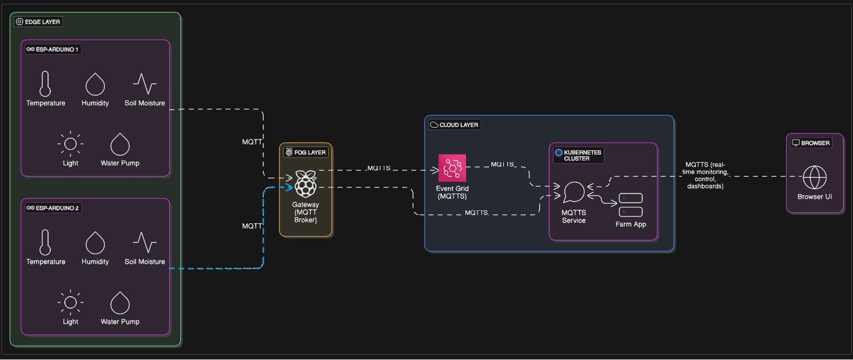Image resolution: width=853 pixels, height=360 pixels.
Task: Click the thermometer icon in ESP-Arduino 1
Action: [x=45, y=84]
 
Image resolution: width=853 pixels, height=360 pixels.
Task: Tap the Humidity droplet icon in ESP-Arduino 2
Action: [x=95, y=243]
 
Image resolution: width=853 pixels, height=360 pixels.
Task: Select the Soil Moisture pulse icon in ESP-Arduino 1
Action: [x=145, y=84]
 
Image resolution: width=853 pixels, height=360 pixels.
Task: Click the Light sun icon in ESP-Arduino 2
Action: [x=70, y=302]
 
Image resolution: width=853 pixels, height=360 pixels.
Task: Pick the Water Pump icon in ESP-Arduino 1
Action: [x=120, y=144]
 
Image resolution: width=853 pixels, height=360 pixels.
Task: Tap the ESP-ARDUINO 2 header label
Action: [x=53, y=208]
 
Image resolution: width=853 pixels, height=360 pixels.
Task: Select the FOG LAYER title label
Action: [x=306, y=152]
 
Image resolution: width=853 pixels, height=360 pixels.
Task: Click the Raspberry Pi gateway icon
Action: [x=305, y=184]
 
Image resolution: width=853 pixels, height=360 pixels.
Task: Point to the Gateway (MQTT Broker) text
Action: [x=305, y=212]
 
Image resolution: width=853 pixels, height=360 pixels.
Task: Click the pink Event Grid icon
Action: [x=452, y=168]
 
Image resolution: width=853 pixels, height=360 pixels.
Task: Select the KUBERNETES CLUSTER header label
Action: [x=578, y=155]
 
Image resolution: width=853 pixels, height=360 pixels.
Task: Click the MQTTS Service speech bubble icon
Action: [x=574, y=192]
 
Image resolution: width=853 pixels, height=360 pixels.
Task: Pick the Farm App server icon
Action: [x=630, y=205]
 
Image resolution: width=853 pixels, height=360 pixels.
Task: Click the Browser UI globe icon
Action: [x=815, y=177]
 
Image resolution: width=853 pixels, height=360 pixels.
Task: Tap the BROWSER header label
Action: [x=811, y=143]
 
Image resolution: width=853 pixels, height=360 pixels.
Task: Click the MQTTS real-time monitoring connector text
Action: [x=705, y=175]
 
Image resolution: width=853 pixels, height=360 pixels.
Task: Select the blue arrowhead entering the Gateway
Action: [x=289, y=188]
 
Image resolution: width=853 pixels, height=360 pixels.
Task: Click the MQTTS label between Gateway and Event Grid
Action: [x=379, y=168]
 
